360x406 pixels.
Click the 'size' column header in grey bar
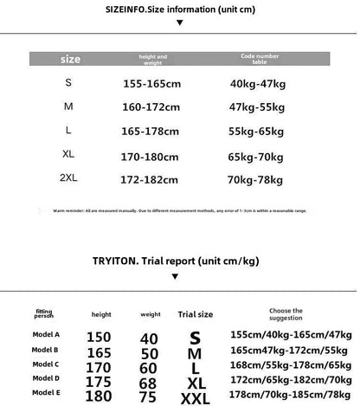coord(70,59)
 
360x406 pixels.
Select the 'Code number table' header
coord(260,59)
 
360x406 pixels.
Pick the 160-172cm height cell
coord(152,106)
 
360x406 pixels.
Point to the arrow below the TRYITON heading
coord(175,276)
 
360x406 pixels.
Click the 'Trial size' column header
coord(195,314)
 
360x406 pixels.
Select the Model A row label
coord(45,334)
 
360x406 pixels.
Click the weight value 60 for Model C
coord(150,369)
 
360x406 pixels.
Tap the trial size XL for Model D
coord(195,383)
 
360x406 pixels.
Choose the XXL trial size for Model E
coord(195,398)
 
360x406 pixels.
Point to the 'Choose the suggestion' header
coord(286,313)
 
